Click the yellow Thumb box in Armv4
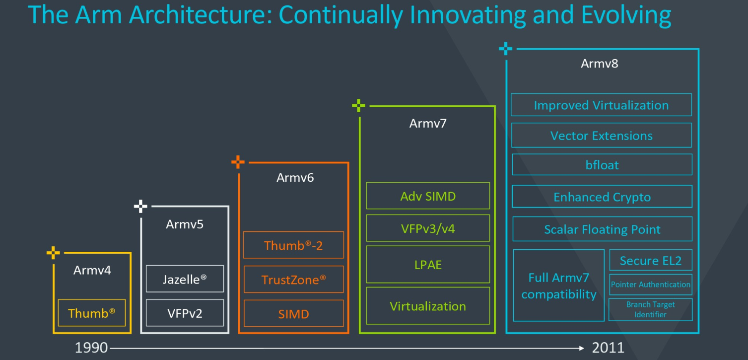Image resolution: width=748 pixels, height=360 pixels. [x=92, y=313]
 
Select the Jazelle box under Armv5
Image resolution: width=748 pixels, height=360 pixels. [x=185, y=279]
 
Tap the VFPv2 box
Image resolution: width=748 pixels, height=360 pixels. [x=185, y=313]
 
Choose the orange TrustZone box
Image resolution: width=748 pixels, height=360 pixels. [x=293, y=280]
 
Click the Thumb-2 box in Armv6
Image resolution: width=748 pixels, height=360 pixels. [x=293, y=245]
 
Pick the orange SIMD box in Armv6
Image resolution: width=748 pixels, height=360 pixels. [x=293, y=314]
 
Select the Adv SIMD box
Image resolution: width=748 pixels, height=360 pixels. [x=428, y=196]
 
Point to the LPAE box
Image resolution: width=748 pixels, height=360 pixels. [x=428, y=265]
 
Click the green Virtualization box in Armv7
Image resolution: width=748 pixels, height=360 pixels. [x=428, y=306]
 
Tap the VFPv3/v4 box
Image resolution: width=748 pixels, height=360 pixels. [x=428, y=228]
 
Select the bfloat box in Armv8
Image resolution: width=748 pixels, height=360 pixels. [x=602, y=165]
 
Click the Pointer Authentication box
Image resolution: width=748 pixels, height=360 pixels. [x=651, y=285]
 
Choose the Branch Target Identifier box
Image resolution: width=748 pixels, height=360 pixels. [x=650, y=309]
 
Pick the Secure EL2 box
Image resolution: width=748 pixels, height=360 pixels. [x=651, y=260]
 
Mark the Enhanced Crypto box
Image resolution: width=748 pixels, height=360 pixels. [x=602, y=197]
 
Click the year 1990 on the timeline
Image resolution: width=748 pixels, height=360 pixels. [x=91, y=348]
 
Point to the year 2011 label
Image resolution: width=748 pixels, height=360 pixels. [x=608, y=348]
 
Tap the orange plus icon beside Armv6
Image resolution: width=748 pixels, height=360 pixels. [x=238, y=162]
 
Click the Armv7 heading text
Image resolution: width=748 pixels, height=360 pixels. [x=428, y=124]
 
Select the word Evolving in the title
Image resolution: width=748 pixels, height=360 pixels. [x=626, y=15]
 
